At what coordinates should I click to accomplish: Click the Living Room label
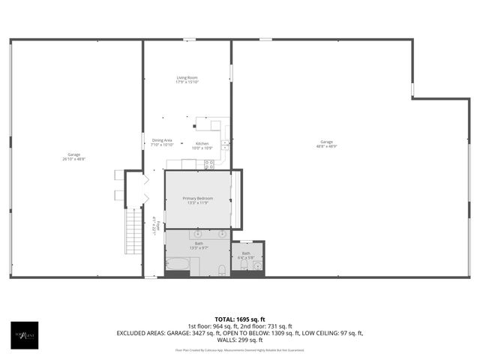point(187,78)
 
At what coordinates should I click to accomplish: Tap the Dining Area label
point(162,140)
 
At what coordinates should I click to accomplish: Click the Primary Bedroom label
point(198,198)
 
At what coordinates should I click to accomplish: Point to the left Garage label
point(73,154)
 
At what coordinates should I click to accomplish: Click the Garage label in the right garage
point(326,142)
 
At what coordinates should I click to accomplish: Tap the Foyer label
point(154,223)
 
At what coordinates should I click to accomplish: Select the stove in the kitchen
point(210,163)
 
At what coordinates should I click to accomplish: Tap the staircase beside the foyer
point(133,231)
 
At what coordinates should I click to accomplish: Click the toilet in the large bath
point(222,268)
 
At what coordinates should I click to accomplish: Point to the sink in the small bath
point(256,265)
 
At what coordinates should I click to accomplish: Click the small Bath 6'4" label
point(247,255)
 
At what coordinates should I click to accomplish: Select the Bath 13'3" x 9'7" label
point(199,244)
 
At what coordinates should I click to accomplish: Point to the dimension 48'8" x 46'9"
point(326,146)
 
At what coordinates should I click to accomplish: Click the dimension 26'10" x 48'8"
point(73,159)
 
